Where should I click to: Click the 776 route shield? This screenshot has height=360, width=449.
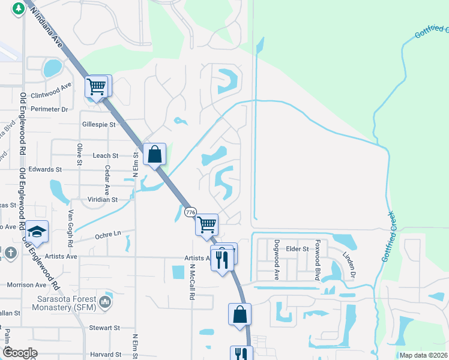click(191, 212)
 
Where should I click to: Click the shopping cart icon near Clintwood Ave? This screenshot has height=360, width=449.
click(96, 87)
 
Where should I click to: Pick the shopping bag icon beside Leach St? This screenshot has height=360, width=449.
click(155, 154)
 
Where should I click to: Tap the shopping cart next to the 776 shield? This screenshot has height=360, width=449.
click(207, 225)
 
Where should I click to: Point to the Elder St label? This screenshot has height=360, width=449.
click(297, 248)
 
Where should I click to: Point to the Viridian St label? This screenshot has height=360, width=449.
click(101, 199)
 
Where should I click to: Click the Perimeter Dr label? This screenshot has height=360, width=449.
click(52, 109)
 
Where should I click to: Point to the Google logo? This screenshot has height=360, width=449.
click(20, 352)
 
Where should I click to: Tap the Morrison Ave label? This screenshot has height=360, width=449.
click(26, 284)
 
